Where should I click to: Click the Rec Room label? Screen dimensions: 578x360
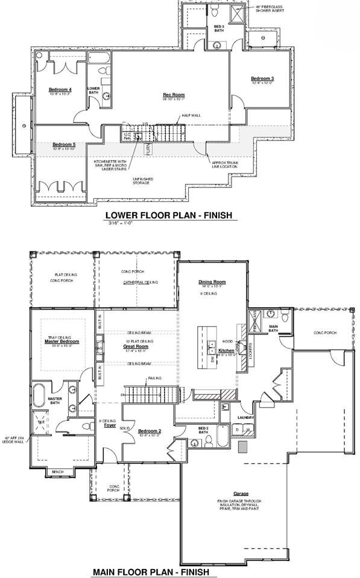pos(174,95)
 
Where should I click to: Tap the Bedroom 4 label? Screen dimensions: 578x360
pos(60,90)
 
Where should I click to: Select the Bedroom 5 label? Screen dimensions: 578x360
pos(63,145)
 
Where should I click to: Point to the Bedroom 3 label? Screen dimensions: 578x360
pos(262,79)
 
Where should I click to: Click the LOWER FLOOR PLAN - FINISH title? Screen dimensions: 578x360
pos(168,215)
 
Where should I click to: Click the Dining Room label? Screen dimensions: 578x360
pos(212,282)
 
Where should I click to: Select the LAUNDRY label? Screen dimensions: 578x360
pos(245,417)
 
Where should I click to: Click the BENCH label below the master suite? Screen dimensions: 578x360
pos(58,472)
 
